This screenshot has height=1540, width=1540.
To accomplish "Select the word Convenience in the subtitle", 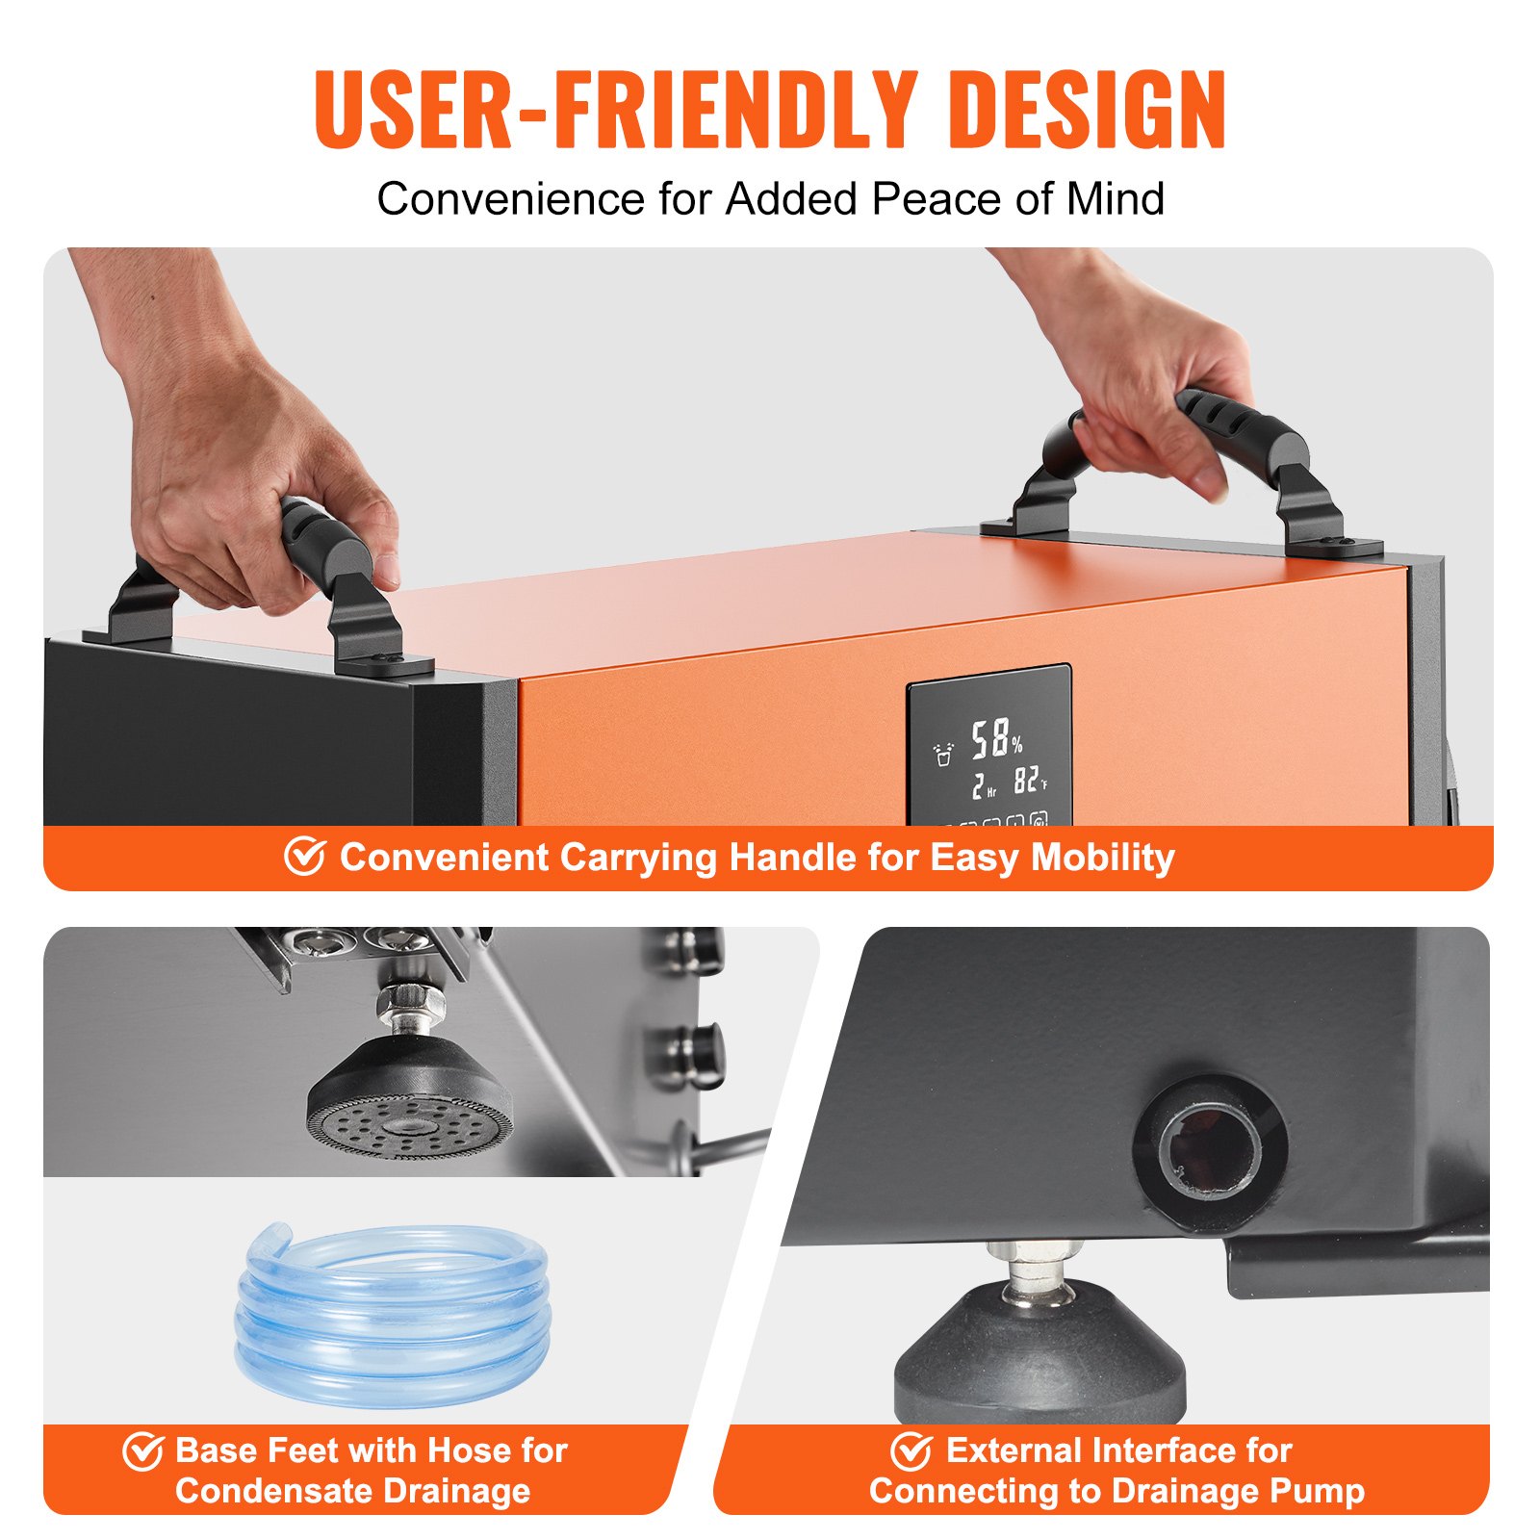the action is [x=511, y=199].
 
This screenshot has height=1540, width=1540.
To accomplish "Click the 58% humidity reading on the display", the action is [x=995, y=738].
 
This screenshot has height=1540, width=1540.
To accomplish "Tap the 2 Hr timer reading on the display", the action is [x=984, y=786].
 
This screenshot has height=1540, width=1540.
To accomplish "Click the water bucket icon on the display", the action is [x=943, y=753].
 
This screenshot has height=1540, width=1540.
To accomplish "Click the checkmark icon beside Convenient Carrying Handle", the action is [x=304, y=856].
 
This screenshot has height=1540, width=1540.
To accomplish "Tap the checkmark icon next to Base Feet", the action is [x=142, y=1450].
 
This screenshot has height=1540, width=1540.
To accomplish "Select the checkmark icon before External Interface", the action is [x=911, y=1450].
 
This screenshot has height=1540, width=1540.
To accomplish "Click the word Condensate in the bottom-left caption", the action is [x=256, y=1491].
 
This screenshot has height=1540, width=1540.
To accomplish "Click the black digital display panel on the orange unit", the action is [x=989, y=745].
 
